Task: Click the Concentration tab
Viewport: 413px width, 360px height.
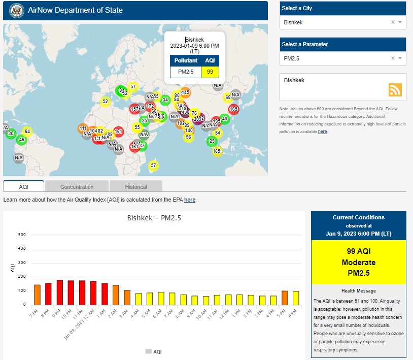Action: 77,186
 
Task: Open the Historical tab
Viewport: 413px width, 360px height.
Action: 136,186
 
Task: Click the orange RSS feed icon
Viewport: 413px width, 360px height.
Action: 395,90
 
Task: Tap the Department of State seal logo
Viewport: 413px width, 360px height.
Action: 14,10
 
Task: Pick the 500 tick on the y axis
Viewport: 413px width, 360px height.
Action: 22,235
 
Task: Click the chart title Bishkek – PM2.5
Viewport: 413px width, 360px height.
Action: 154,218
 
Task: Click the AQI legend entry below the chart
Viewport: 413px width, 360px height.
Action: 154,351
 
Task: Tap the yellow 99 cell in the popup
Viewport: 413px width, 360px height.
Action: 210,72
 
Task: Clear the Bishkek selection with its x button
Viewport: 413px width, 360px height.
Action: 393,22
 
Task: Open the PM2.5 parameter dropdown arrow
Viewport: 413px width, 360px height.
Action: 400,58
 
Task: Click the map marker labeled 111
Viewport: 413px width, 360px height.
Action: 83,128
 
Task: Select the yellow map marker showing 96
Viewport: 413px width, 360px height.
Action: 188,137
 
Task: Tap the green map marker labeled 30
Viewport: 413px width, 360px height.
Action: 11,134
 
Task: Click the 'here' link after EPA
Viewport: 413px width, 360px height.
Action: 190,200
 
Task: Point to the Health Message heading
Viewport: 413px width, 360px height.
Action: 359,290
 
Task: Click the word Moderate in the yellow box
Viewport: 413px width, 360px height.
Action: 359,263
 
